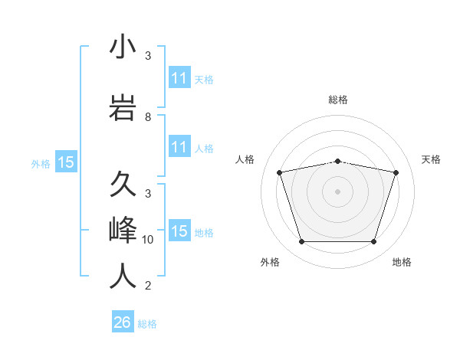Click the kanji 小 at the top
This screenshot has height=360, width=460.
coord(123,47)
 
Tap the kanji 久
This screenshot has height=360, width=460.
coord(123,185)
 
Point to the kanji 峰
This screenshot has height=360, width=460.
coord(123,230)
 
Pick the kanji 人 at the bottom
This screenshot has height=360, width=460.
coord(123,277)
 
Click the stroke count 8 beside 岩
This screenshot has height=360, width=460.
coord(148,117)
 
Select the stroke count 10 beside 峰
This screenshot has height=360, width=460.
coord(148,240)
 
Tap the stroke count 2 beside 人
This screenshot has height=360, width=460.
coord(148,286)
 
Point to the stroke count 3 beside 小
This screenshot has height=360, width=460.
coord(148,56)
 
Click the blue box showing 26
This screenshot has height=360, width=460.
coord(123,322)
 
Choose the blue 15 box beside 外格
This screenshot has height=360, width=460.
coord(66,162)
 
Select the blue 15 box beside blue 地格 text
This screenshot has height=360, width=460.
coord(179,231)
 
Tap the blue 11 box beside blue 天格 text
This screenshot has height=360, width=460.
coord(179,78)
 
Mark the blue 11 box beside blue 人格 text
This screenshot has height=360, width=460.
coord(179,147)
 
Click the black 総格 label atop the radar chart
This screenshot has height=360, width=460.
coord(337,100)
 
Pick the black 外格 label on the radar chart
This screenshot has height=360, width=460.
coord(270,262)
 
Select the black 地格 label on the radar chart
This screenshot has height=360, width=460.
coord(402,262)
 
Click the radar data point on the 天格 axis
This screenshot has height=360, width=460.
coord(396,172)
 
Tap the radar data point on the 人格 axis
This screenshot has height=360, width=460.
coord(280,172)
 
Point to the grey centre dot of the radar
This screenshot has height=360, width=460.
coord(337,191)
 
